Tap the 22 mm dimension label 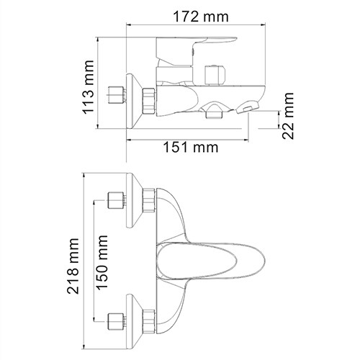289,111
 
